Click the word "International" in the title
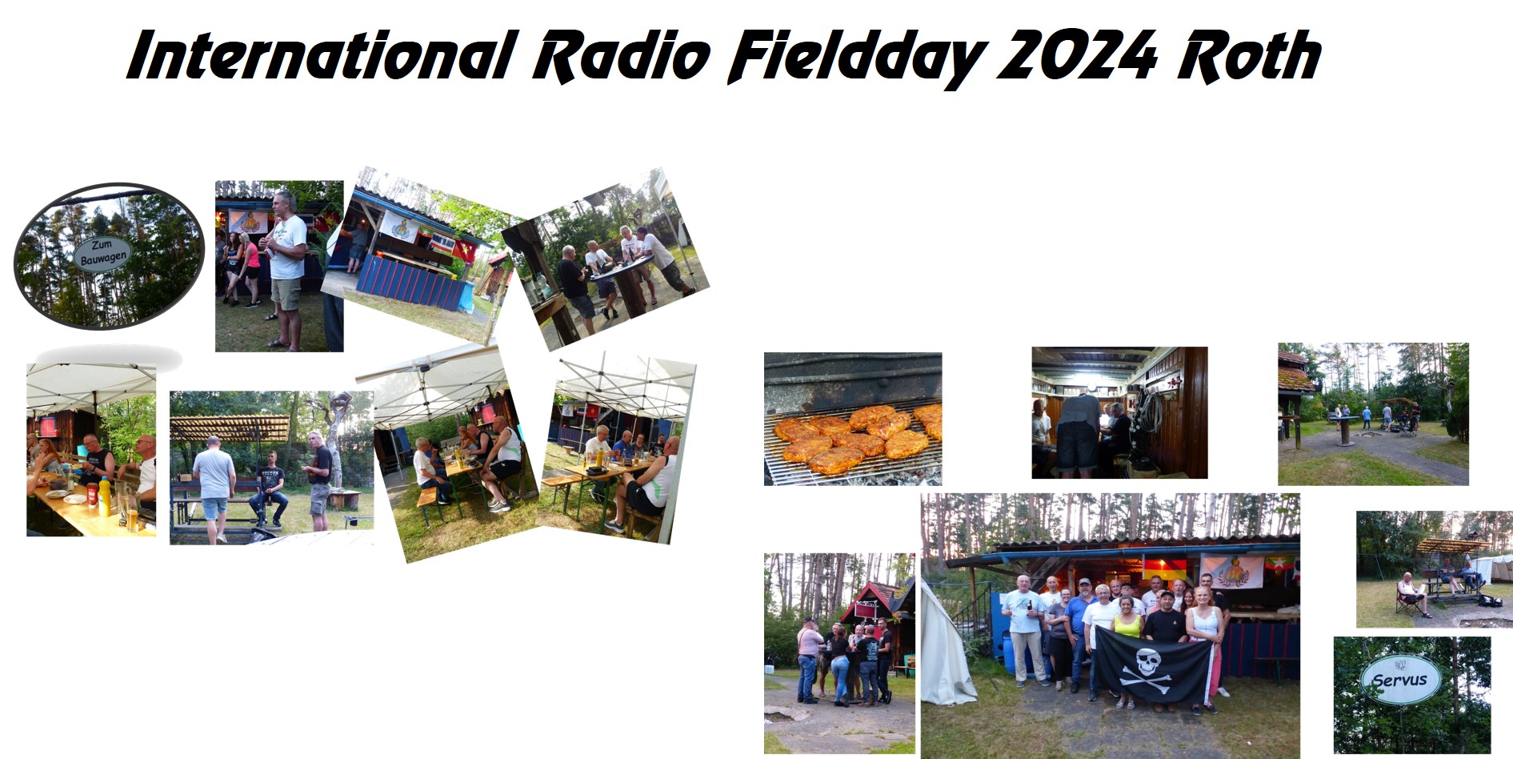(322, 56)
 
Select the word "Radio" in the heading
(622, 56)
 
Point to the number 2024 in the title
(1077, 55)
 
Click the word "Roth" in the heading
(1249, 55)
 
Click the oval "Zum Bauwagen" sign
(102, 253)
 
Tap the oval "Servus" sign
(1400, 680)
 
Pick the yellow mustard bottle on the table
(104, 496)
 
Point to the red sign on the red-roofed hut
(866, 610)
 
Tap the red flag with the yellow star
(592, 411)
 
